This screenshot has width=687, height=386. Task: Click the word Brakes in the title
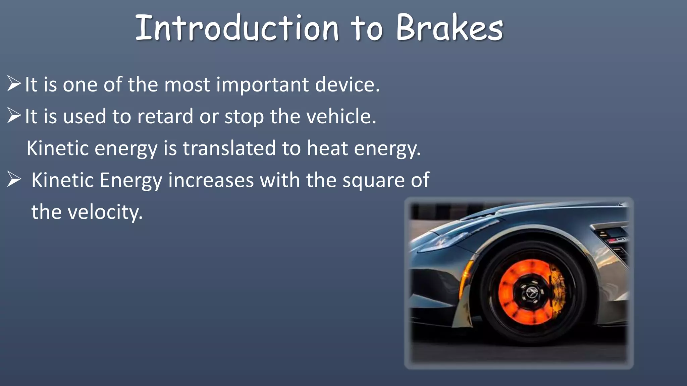coord(450,28)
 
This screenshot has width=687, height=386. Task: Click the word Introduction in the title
coord(237,28)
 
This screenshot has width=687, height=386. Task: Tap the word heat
coord(327,148)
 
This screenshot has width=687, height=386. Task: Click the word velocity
coord(105,212)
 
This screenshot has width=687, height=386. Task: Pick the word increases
coord(211,180)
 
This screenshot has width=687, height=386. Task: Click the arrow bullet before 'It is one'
coord(14,84)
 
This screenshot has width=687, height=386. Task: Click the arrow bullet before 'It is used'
coord(14,116)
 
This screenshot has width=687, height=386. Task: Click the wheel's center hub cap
coord(531,292)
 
